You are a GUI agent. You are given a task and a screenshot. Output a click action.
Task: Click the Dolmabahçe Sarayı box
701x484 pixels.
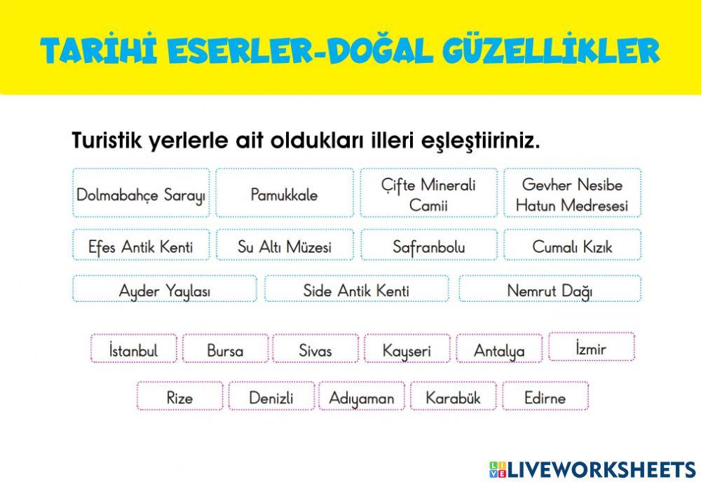point(141,194)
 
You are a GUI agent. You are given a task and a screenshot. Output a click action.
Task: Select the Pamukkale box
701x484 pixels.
point(284,194)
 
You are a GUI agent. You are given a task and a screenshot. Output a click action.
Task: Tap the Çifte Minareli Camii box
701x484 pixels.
point(428,194)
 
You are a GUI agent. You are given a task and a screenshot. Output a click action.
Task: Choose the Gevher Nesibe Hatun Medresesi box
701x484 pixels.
point(572,194)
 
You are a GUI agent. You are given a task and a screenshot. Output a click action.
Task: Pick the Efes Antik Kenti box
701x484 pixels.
point(141,247)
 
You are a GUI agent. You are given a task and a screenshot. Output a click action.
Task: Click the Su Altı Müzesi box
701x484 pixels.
point(284,247)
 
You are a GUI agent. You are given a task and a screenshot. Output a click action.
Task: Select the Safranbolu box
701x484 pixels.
point(428,247)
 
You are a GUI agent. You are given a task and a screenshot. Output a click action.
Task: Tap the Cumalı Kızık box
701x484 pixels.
point(572,247)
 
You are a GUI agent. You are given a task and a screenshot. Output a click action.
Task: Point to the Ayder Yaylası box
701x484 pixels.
point(165,290)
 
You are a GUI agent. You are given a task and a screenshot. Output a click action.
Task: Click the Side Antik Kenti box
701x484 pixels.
point(356,290)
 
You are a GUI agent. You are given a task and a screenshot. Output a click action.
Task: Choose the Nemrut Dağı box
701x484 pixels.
point(550,290)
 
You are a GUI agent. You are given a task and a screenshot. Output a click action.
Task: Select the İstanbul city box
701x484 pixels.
point(134,350)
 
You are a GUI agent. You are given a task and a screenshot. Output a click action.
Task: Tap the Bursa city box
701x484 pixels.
point(225,350)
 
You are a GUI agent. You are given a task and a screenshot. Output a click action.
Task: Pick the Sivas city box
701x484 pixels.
point(315,350)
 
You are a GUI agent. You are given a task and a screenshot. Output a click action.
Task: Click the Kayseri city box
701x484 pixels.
point(407,350)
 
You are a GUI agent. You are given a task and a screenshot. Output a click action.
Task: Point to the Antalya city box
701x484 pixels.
point(499,350)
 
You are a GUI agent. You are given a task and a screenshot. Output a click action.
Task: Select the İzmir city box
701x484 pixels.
point(591,347)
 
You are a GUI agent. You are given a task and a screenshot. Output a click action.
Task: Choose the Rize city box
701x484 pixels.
point(179,397)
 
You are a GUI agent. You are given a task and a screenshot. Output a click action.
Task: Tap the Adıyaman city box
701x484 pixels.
point(362,397)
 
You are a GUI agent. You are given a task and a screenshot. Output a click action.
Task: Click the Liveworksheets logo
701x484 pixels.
point(592,469)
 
